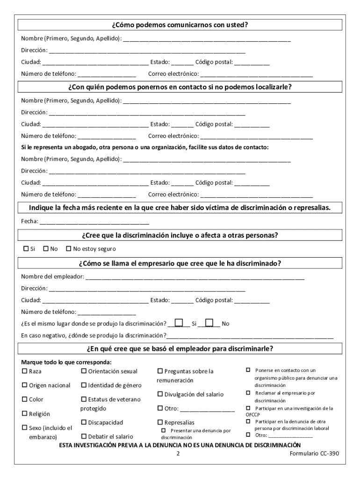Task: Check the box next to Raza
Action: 24,371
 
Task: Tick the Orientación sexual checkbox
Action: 84,371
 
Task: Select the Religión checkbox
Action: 24,414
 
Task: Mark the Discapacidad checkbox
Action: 84,422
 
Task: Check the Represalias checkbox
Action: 160,422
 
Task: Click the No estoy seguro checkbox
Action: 69,249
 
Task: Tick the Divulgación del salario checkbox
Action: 160,394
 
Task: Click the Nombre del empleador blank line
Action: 194,277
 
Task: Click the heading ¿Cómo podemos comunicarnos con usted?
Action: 180,25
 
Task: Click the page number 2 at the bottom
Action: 178,454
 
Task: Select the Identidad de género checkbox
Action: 84,385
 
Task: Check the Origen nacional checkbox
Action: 24,385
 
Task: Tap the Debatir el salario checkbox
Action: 84,436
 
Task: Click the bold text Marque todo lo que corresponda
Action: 66,362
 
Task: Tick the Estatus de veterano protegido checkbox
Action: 84,399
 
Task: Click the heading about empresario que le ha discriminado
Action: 180,263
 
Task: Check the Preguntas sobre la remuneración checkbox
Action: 160,371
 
